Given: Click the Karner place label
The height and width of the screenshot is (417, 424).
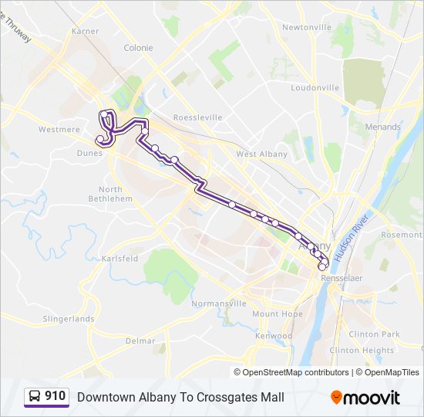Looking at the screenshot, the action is tap(86, 31).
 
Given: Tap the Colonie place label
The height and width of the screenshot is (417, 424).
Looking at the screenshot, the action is tap(139, 48).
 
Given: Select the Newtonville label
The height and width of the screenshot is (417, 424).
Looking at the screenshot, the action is tap(306, 27).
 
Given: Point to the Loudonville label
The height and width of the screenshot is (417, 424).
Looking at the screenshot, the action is tap(315, 88).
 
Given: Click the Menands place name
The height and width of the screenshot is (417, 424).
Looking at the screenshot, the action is tap(383, 127).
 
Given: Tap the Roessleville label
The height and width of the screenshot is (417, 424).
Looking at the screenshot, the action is tap(198, 117).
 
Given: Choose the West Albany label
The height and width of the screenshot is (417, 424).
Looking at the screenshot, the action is tap(261, 154).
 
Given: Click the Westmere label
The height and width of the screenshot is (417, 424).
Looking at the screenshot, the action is tap(59, 130).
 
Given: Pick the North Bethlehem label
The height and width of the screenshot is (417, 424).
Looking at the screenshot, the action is tap(110, 194).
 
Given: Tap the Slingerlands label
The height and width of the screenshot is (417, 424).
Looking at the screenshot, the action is tap(69, 319).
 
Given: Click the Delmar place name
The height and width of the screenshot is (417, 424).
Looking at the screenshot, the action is tap(140, 341).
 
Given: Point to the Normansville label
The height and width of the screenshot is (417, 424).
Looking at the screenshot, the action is tap(219, 303).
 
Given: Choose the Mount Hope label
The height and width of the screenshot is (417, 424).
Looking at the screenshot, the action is tap(278, 314).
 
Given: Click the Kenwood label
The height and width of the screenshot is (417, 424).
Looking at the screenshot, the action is tap(274, 336).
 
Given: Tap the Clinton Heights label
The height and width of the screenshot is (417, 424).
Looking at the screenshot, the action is tap(362, 350).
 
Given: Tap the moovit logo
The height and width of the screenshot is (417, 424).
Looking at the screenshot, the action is tap(365, 398).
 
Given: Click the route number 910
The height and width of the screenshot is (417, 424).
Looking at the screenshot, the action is tap(56, 397).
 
